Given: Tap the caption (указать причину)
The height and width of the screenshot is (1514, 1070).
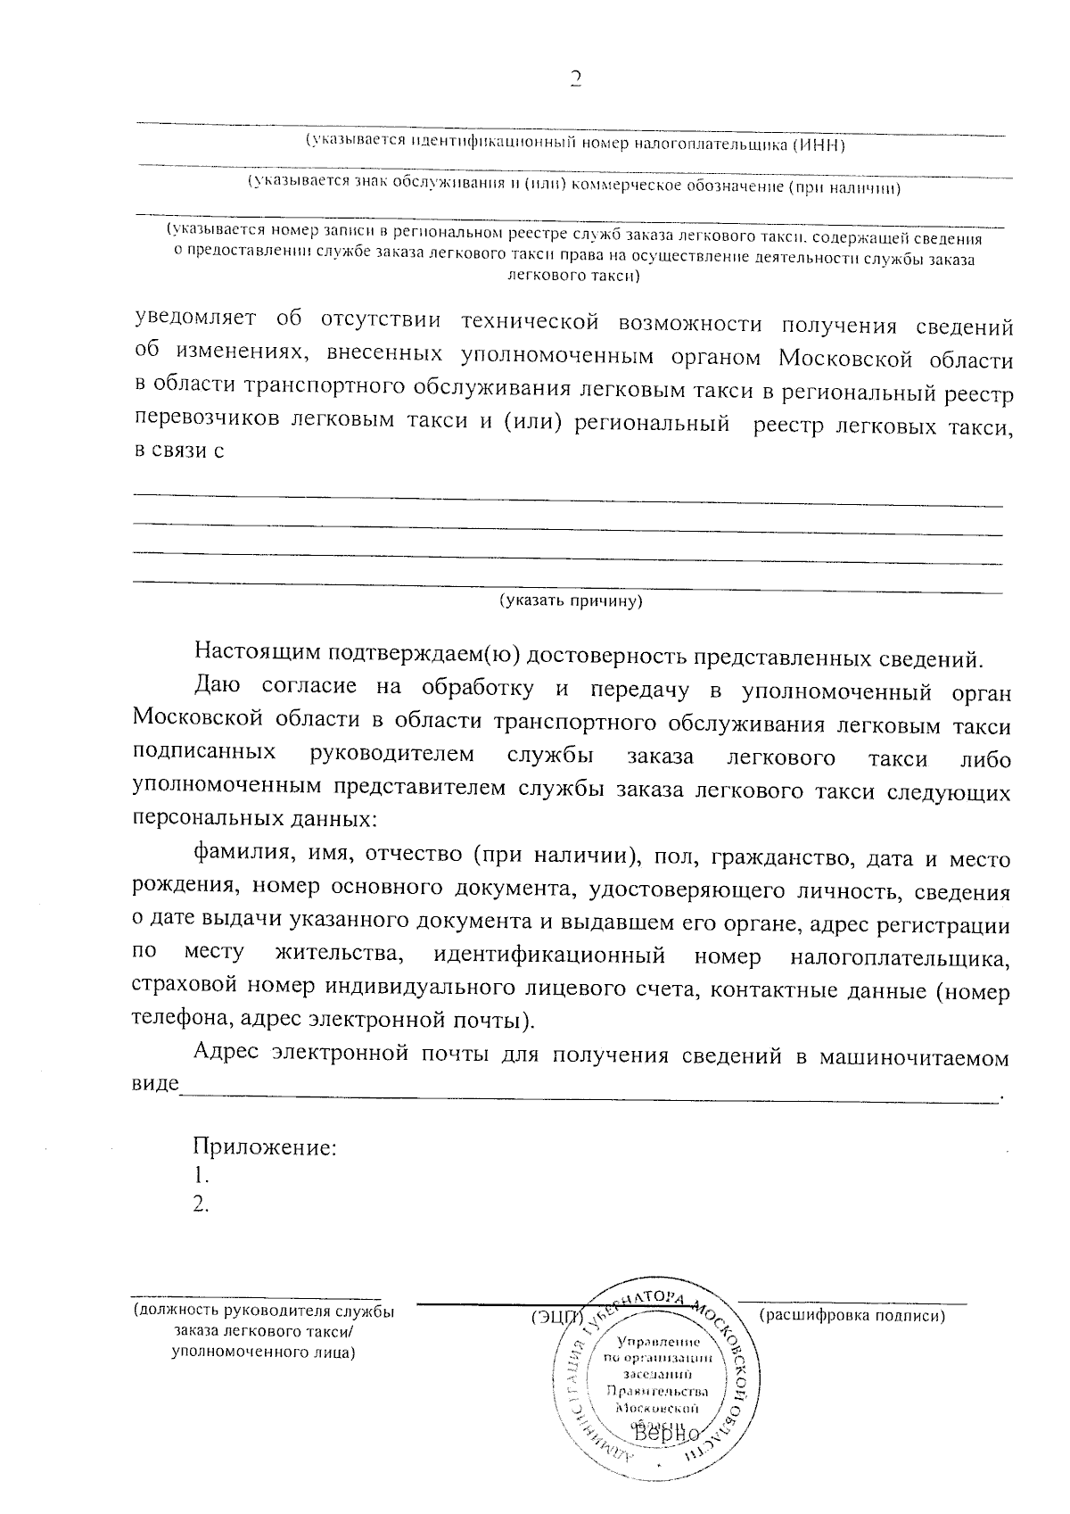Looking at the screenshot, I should (x=571, y=600).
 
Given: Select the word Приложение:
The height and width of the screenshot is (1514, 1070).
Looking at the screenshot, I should (x=266, y=1146).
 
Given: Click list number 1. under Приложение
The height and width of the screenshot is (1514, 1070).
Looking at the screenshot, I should (x=202, y=1175).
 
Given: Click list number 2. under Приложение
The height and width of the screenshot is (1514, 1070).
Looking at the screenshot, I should (x=202, y=1204).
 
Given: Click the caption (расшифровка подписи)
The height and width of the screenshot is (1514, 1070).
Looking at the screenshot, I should (x=852, y=1315).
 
